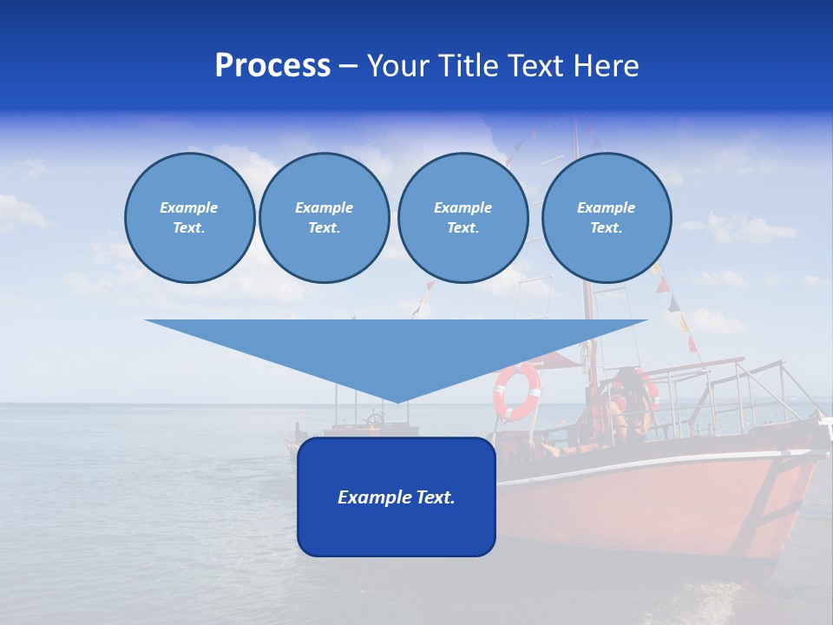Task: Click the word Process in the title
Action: (272, 66)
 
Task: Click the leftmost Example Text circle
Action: (189, 218)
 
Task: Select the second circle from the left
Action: (324, 218)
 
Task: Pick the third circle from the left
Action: (462, 218)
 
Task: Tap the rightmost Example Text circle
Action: (606, 218)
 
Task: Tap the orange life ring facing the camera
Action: (516, 391)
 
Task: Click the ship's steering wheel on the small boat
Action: (374, 420)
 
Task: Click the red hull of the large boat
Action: (659, 503)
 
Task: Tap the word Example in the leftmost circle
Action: (189, 207)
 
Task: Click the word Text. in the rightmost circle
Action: (606, 228)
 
